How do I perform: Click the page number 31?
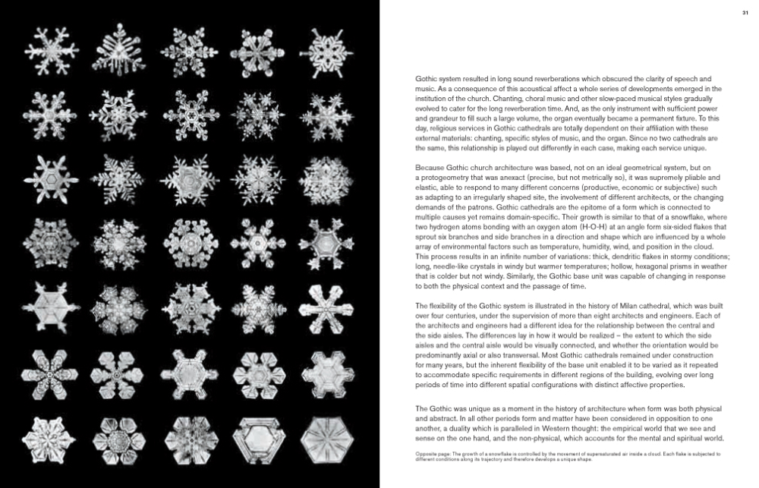tap(745, 12)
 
